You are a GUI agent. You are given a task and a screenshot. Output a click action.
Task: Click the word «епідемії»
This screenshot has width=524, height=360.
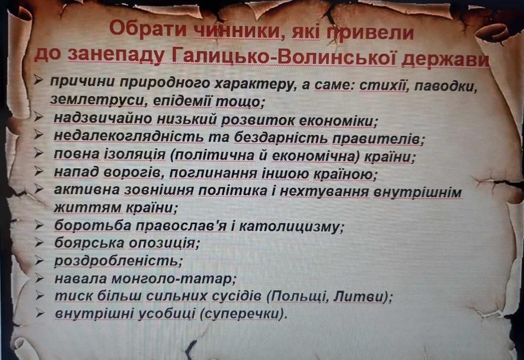click(x=182, y=101)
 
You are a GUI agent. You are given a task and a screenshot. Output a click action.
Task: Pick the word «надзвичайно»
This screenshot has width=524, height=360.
click(x=102, y=119)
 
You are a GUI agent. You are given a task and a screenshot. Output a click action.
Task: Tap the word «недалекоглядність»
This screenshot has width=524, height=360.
click(x=128, y=136)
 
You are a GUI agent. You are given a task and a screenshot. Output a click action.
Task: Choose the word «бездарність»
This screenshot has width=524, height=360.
click(x=280, y=137)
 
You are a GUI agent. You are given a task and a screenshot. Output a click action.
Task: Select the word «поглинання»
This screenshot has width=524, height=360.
click(x=213, y=173)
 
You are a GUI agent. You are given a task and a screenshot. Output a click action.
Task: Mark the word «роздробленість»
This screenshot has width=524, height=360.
click(x=118, y=261)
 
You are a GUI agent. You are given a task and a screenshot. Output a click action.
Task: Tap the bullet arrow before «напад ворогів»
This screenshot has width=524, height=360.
click(x=39, y=171)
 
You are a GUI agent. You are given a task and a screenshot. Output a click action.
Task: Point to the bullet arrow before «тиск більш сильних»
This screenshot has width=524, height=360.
click(x=40, y=295)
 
